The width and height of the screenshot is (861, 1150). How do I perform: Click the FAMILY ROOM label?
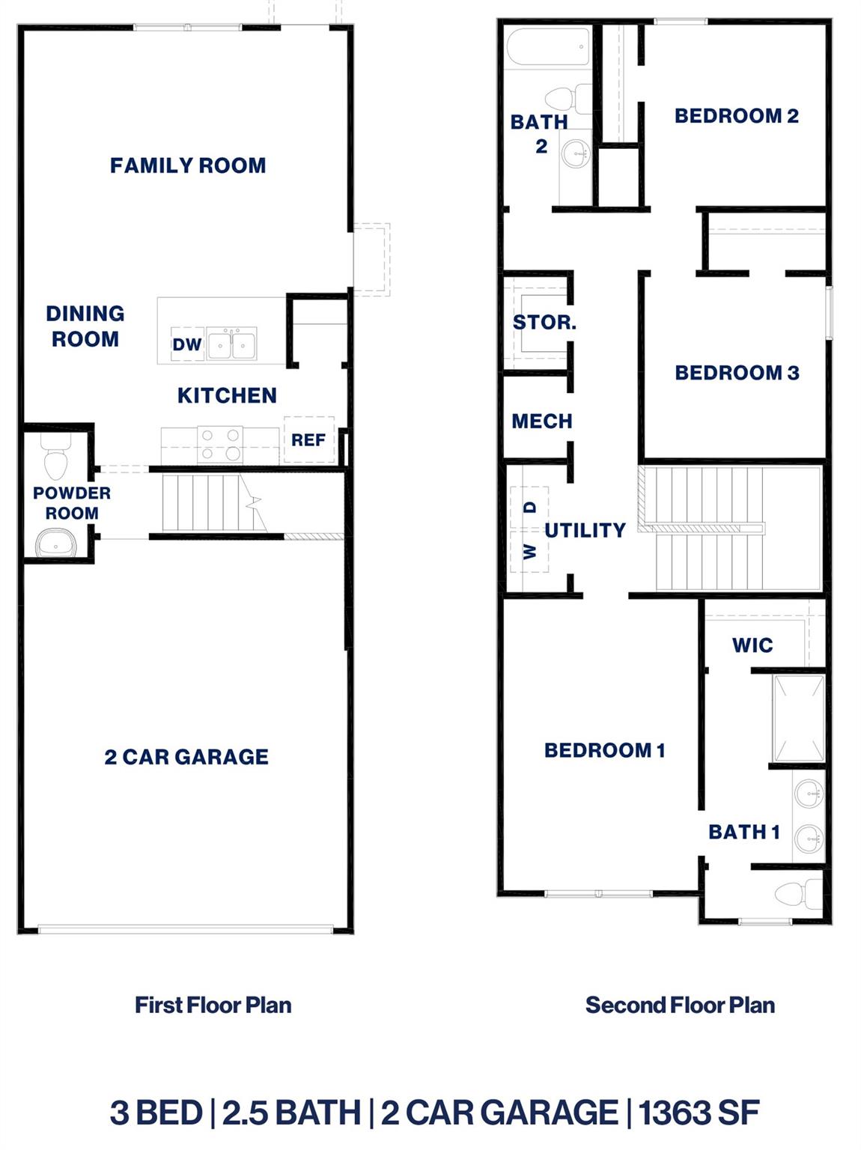coord(188,165)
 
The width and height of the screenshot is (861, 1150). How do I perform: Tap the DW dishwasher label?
coord(187,344)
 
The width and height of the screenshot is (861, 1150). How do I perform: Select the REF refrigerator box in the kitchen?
coord(308,439)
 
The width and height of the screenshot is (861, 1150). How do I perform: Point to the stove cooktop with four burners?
coord(221,444)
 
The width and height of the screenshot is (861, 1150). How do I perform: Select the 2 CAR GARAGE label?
coord(186,757)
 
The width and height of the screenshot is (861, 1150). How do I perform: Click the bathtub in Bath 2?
coord(549,48)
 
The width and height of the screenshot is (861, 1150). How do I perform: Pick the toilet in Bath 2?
coord(568,97)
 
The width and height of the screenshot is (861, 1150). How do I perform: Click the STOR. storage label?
coord(544,323)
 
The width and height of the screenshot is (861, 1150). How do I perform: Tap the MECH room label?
coord(542,422)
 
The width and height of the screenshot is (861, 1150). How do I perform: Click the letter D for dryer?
coord(531,508)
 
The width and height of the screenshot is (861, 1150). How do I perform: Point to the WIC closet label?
coord(752,645)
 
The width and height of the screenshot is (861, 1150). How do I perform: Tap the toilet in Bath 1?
coord(798,892)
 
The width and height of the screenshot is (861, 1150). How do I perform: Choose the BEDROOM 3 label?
coord(737,373)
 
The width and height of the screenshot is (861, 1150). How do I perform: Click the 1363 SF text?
coord(699,1113)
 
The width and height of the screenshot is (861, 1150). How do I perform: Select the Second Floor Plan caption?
coord(680,1005)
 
